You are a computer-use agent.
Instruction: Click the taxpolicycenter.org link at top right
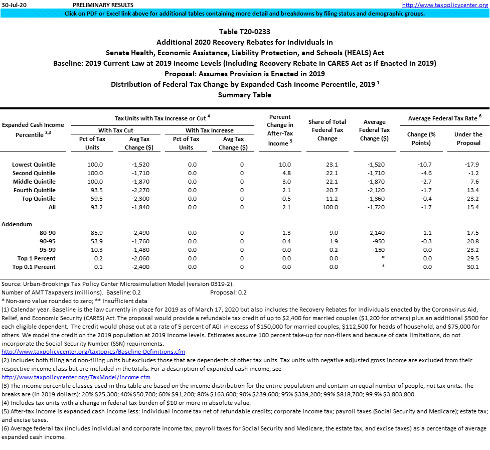click(445, 5)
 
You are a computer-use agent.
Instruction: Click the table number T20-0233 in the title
click(245, 32)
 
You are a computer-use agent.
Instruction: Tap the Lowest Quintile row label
click(34, 165)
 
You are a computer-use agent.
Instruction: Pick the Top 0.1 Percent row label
click(34, 267)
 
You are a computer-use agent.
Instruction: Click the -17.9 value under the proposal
click(471, 165)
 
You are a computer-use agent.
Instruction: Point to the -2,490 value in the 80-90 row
click(137, 233)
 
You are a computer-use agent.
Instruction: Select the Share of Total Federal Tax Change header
click(327, 130)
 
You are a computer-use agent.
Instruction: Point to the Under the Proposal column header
click(468, 138)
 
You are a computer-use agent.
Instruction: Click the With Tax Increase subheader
click(209, 130)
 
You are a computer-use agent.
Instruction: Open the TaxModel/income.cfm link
click(76, 377)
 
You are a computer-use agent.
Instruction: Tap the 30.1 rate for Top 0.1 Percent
click(472, 267)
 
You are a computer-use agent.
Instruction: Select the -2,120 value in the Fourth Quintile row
click(375, 190)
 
